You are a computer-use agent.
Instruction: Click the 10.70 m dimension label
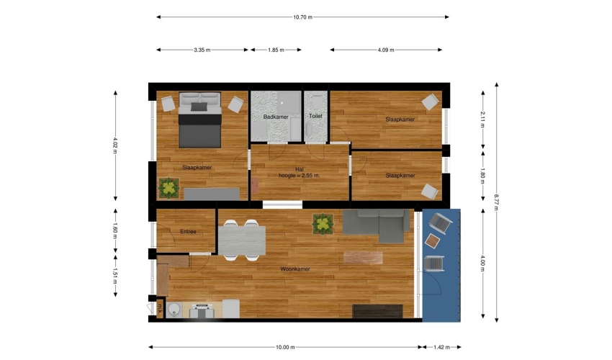pyautogui.click(x=302, y=17)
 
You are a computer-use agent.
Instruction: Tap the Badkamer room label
pyautogui.click(x=276, y=117)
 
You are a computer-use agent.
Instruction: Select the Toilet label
pyautogui.click(x=315, y=116)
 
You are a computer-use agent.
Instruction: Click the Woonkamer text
pyautogui.click(x=295, y=269)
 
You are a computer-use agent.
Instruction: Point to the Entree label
pyautogui.click(x=188, y=232)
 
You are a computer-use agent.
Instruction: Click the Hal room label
pyautogui.click(x=300, y=169)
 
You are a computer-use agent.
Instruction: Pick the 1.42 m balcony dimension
pyautogui.click(x=441, y=347)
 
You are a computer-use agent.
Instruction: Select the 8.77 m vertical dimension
pyautogui.click(x=497, y=202)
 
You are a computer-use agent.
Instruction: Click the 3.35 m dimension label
pyautogui.click(x=202, y=50)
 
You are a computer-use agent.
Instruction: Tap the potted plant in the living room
pyautogui.click(x=323, y=224)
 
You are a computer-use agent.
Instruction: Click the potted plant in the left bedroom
pyautogui.click(x=168, y=188)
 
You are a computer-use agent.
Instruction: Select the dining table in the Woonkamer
pyautogui.click(x=242, y=240)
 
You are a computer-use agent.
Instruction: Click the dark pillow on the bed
pyautogui.click(x=199, y=107)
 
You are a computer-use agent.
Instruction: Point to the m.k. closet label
pyautogui.click(x=160, y=310)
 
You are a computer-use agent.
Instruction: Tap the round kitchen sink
pyautogui.click(x=174, y=310)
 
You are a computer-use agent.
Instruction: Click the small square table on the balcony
pyautogui.click(x=433, y=241)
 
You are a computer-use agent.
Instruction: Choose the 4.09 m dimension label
pyautogui.click(x=386, y=50)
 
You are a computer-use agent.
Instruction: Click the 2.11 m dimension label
pyautogui.click(x=483, y=120)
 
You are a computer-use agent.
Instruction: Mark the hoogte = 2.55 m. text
pyautogui.click(x=299, y=176)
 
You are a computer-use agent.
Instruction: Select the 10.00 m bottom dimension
pyautogui.click(x=285, y=347)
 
